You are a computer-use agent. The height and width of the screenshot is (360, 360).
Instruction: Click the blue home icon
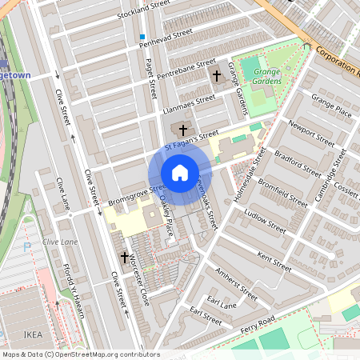[180, 172]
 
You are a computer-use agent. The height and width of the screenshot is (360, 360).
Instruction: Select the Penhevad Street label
[166, 37]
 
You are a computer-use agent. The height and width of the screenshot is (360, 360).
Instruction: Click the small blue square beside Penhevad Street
[142, 38]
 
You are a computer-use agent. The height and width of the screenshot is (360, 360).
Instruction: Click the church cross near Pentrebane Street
[216, 75]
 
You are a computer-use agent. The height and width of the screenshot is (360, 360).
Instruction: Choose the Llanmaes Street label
[189, 103]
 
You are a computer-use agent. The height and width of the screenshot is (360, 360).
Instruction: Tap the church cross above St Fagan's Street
[183, 129]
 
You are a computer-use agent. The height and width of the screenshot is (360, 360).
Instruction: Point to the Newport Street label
[311, 134]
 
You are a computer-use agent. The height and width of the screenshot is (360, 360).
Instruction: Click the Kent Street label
[275, 261]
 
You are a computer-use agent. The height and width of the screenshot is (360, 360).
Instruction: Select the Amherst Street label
[238, 284]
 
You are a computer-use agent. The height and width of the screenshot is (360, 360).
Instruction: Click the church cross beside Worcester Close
[125, 258]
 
